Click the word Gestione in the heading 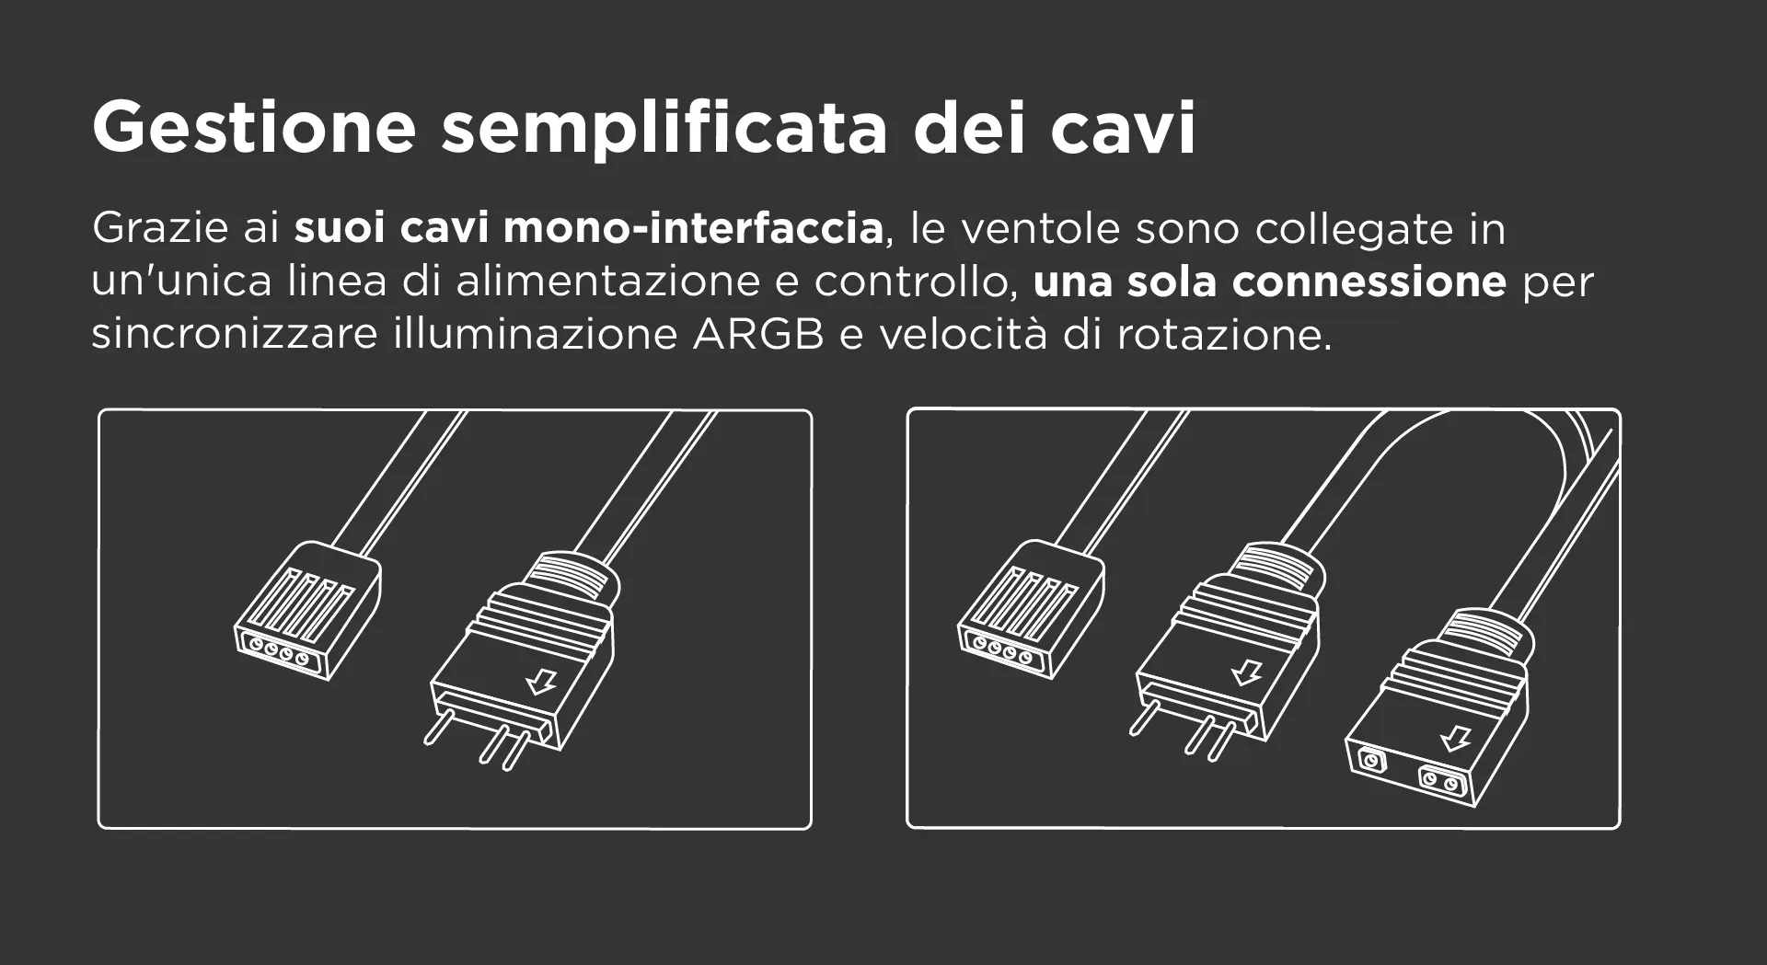tap(254, 127)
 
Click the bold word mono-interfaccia tap(693, 227)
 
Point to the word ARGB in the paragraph tap(758, 334)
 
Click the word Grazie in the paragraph tap(160, 227)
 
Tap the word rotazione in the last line tap(1224, 334)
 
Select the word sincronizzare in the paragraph tap(235, 334)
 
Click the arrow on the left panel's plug tap(541, 681)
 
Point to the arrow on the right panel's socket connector tap(1455, 739)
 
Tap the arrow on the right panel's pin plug tap(1247, 672)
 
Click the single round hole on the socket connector tap(1371, 761)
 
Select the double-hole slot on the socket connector tap(1439, 781)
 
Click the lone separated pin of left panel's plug tap(438, 727)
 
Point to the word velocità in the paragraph tap(963, 334)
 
